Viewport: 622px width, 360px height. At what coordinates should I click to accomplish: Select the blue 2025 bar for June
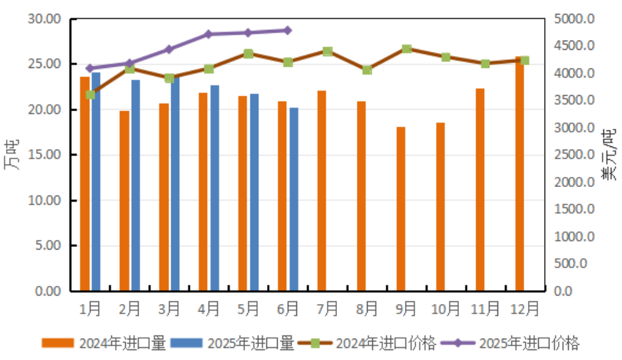(x=294, y=199)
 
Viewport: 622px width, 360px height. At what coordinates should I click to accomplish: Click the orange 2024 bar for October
(x=440, y=206)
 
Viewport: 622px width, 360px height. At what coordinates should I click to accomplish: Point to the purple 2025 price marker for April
(x=208, y=34)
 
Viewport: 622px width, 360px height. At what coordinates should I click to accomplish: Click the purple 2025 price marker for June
(x=287, y=30)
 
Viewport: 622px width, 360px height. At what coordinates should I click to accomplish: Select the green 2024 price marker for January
(x=91, y=94)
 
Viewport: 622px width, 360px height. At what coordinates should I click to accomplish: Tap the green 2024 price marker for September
(x=406, y=49)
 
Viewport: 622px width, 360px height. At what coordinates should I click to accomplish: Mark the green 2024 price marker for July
(x=327, y=51)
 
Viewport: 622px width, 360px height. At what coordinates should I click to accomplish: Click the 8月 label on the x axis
(x=367, y=309)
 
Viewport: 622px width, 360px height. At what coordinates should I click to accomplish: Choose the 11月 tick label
(x=485, y=309)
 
